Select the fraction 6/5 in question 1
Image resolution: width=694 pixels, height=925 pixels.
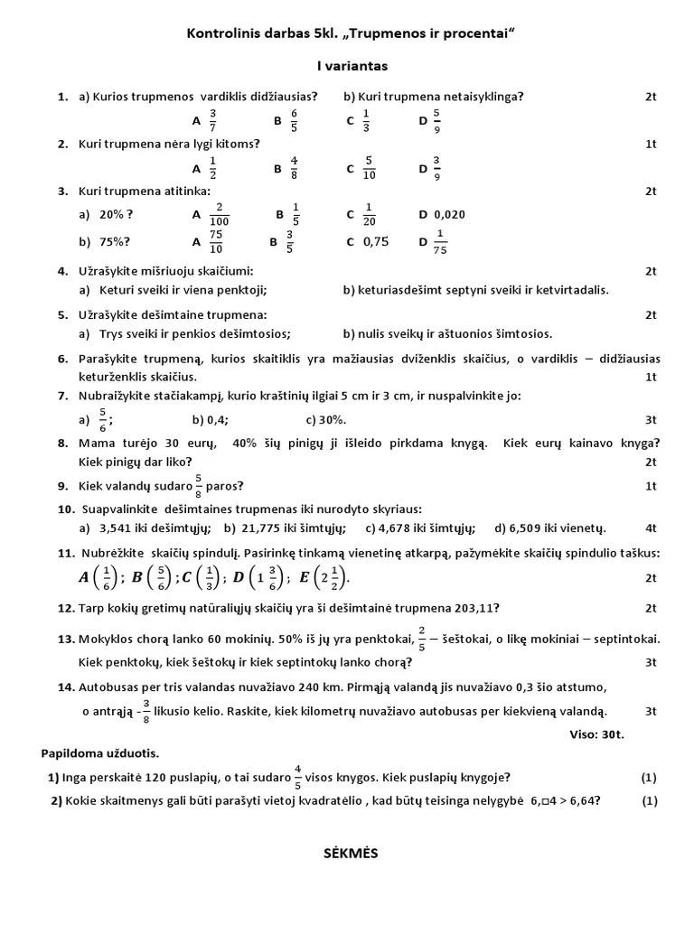click(x=294, y=120)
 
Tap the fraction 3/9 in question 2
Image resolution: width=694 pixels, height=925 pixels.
click(x=436, y=168)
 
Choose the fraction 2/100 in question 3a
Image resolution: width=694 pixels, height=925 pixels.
click(x=218, y=215)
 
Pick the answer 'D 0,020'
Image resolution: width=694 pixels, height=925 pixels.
click(x=442, y=214)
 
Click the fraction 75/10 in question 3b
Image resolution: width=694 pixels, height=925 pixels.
click(x=216, y=242)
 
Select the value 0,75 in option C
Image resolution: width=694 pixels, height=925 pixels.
click(x=376, y=241)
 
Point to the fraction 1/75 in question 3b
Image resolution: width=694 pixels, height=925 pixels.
click(x=440, y=242)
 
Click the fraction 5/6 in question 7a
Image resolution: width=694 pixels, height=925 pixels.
click(x=103, y=420)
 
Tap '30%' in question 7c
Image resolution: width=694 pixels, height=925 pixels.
click(x=333, y=420)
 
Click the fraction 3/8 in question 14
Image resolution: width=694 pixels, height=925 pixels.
click(x=145, y=711)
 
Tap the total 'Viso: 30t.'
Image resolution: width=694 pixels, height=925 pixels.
click(x=596, y=734)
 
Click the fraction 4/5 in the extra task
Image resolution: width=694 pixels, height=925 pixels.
click(x=297, y=777)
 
